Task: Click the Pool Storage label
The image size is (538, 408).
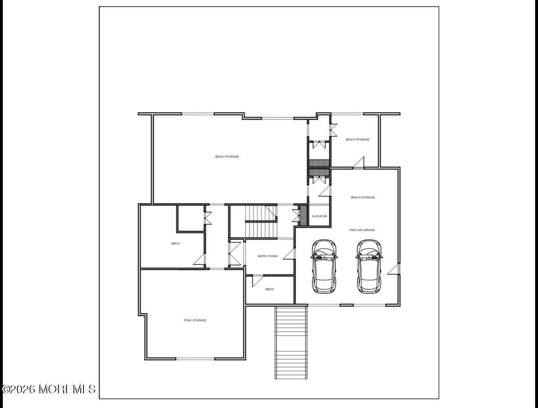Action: [x=195, y=320]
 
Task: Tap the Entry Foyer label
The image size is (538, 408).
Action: [x=268, y=256]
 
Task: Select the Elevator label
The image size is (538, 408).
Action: [x=320, y=216]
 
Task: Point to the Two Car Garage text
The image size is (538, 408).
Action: [x=362, y=230]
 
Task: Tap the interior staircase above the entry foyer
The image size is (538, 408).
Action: [x=260, y=221]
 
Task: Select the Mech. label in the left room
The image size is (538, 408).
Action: [x=176, y=244]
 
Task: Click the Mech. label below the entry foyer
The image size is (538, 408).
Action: [x=270, y=289]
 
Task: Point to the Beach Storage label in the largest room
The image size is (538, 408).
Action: [x=227, y=157]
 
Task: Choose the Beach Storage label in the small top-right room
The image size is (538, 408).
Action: [x=358, y=140]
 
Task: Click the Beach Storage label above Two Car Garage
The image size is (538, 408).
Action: [x=363, y=197]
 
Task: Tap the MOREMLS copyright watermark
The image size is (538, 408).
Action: [x=49, y=389]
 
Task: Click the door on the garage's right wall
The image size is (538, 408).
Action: [x=394, y=269]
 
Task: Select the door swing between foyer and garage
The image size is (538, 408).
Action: [x=289, y=253]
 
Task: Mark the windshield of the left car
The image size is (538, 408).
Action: [x=324, y=257]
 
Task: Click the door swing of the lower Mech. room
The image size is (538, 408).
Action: [x=257, y=281]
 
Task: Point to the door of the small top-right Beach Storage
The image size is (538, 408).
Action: [x=359, y=162]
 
